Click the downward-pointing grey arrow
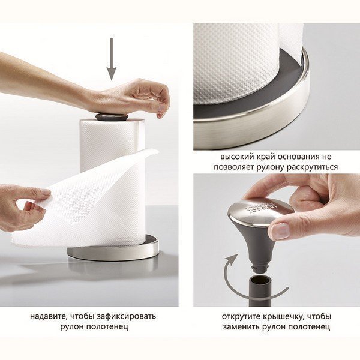pyautogui.click(x=112, y=59)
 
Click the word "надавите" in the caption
pyautogui.click(x=49, y=316)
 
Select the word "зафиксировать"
pyautogui.click(x=126, y=317)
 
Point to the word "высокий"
pyautogui.click(x=235, y=157)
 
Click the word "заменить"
pyautogui.click(x=241, y=327)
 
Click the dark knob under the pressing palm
pyautogui.click(x=112, y=117)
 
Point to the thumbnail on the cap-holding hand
pyautogui.click(x=280, y=230)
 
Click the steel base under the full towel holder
pyautogui.click(x=113, y=253)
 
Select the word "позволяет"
pyautogui.click(x=234, y=167)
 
